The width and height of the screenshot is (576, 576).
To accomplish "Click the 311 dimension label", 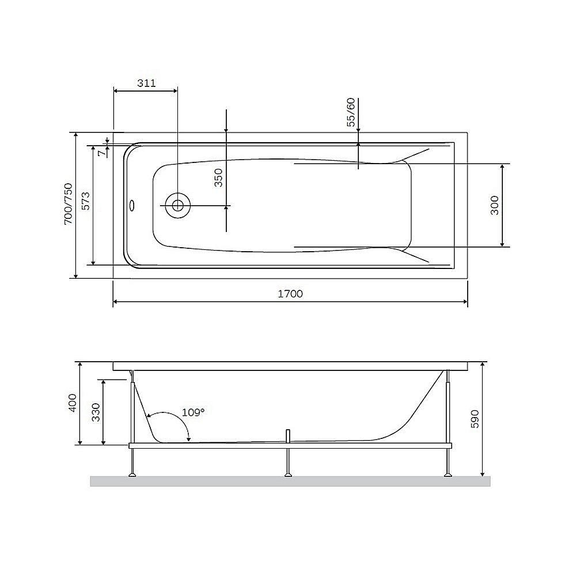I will point(146,83).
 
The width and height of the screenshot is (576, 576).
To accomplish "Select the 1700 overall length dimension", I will point(290,294).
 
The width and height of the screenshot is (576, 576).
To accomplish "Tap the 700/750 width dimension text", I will point(67,204).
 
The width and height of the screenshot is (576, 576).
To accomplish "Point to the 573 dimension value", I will point(84,204).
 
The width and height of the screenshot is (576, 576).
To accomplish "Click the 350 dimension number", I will point(218,179).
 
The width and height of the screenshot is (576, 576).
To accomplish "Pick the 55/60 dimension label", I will point(350,113).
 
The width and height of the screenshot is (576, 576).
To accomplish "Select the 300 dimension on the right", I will point(494,205).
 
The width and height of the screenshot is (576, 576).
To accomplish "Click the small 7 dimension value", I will point(101,153).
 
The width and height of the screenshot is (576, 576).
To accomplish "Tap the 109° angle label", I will point(193,412).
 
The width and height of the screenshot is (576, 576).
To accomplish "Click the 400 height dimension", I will point(72,403).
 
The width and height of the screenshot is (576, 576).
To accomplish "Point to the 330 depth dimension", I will point(96,412).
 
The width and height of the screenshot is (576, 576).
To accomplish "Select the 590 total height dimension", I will point(475,419).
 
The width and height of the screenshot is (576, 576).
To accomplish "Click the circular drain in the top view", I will point(177,205).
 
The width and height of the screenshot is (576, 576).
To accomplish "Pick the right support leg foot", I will point(448,474).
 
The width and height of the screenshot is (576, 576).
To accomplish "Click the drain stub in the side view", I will point(287,435).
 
